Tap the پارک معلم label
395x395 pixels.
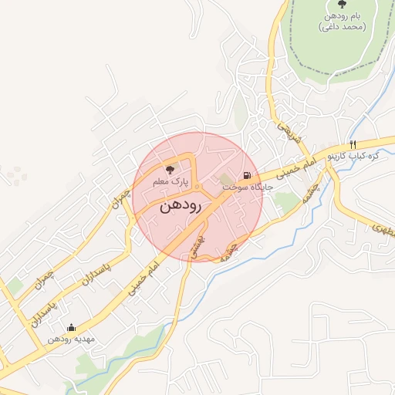pyautogui.click(x=171, y=182)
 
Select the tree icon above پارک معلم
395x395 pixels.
pyautogui.click(x=170, y=168)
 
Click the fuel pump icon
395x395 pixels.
pyautogui.click(x=247, y=174)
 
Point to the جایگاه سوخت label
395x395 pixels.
pyautogui.click(x=241, y=187)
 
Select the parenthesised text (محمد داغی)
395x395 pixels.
pyautogui.click(x=342, y=27)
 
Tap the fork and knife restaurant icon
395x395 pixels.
pyautogui.click(x=353, y=144)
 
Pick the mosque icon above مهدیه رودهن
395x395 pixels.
pyautogui.click(x=72, y=327)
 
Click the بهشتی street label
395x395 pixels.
pyautogui.click(x=199, y=246)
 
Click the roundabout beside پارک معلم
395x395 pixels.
pyautogui.click(x=198, y=187)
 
